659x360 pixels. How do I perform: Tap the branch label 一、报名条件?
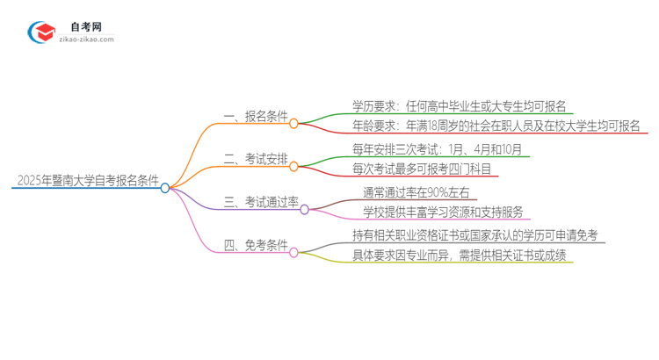(256, 116)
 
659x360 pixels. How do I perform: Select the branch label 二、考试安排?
(256, 159)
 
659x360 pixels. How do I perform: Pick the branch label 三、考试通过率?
(261, 203)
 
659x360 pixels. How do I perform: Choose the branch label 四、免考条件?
(256, 246)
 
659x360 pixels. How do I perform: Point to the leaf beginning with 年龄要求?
(496, 125)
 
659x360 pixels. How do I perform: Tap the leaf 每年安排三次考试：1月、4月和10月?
(441, 150)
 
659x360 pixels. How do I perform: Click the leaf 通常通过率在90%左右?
(417, 193)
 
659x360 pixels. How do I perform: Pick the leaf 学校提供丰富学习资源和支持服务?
(443, 212)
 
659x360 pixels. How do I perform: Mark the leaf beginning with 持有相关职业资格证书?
(474, 236)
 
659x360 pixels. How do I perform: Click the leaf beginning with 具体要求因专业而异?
(459, 256)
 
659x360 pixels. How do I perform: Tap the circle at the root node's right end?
(165, 187)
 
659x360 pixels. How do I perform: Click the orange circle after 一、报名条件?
(294, 124)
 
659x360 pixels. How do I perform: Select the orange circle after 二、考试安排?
(294, 167)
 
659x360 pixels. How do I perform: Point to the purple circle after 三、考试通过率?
(304, 211)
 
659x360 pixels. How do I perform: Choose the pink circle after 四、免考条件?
(294, 253)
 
